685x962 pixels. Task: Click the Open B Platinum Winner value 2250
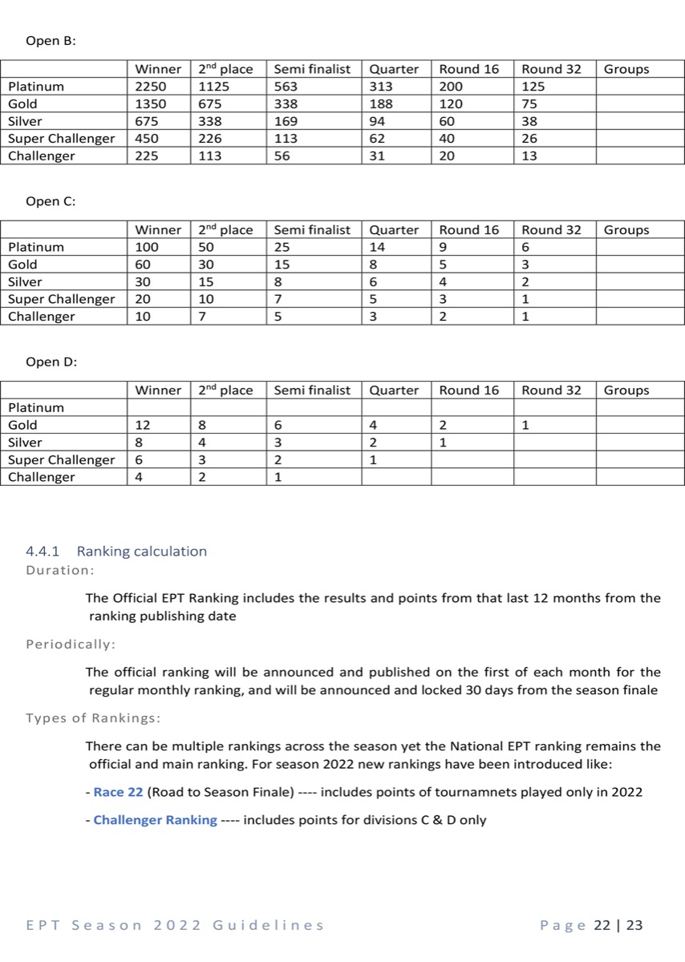(x=149, y=87)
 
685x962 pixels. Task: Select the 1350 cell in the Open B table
(x=149, y=104)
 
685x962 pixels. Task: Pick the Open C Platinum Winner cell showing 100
(x=147, y=247)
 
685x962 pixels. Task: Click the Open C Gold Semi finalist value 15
(x=282, y=265)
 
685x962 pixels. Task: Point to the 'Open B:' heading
(x=51, y=41)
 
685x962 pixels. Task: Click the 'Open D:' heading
(x=51, y=362)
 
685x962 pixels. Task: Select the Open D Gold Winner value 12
(x=143, y=425)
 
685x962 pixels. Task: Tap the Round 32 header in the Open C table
(x=551, y=230)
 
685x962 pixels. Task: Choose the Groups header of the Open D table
(x=626, y=390)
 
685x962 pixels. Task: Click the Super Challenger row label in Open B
(x=62, y=139)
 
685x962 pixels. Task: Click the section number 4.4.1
(x=45, y=552)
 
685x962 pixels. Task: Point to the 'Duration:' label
(x=60, y=571)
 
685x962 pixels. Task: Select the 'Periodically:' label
(x=71, y=645)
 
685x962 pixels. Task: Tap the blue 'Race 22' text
(x=118, y=792)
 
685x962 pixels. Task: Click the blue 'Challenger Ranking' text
(x=155, y=820)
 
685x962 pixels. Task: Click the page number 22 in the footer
(x=602, y=925)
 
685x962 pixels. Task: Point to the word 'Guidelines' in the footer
(x=269, y=925)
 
